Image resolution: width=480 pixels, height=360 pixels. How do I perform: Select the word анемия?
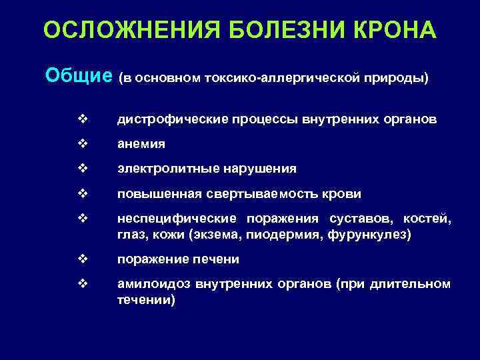click(x=141, y=144)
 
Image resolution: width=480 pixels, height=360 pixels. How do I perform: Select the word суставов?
click(x=355, y=219)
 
